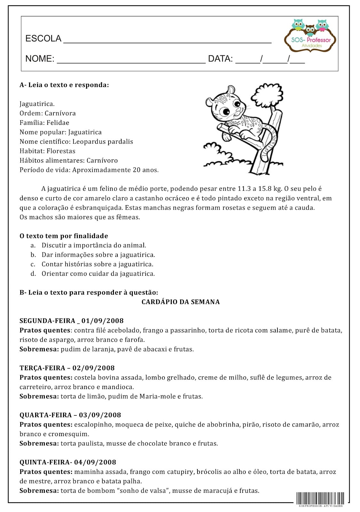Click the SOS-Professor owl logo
point(309,35)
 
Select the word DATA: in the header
point(220,59)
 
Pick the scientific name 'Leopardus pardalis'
point(103,141)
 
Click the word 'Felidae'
point(58,123)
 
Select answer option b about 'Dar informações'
point(98,255)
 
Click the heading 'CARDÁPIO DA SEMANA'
point(180,302)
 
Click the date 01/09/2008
point(102,321)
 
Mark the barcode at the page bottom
point(320,498)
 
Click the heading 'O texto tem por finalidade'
point(64,236)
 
